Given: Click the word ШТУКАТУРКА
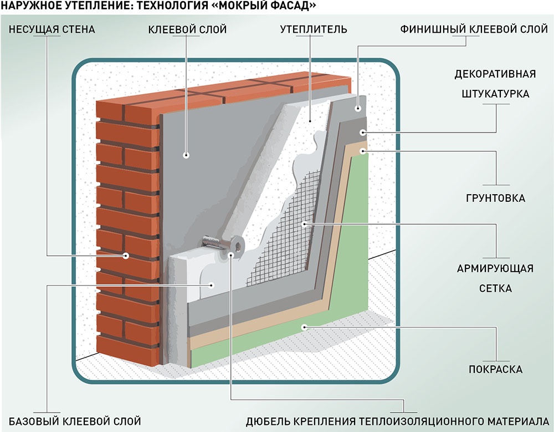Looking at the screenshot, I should (x=495, y=94).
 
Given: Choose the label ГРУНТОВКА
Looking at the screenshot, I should (x=495, y=198).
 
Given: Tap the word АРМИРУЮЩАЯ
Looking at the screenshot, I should (x=495, y=269).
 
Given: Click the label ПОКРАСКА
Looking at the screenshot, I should (x=495, y=369).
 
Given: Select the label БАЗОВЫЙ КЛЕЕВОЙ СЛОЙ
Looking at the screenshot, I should (x=75, y=420).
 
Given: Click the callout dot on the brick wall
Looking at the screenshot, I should (x=126, y=256).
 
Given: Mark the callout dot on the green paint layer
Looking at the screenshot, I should (x=304, y=327).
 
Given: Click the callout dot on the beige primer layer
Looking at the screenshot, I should (x=363, y=150).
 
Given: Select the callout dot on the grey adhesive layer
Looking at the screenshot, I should (x=187, y=156).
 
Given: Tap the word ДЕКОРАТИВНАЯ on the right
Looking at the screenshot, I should (x=495, y=74).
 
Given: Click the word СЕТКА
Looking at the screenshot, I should (x=495, y=288).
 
